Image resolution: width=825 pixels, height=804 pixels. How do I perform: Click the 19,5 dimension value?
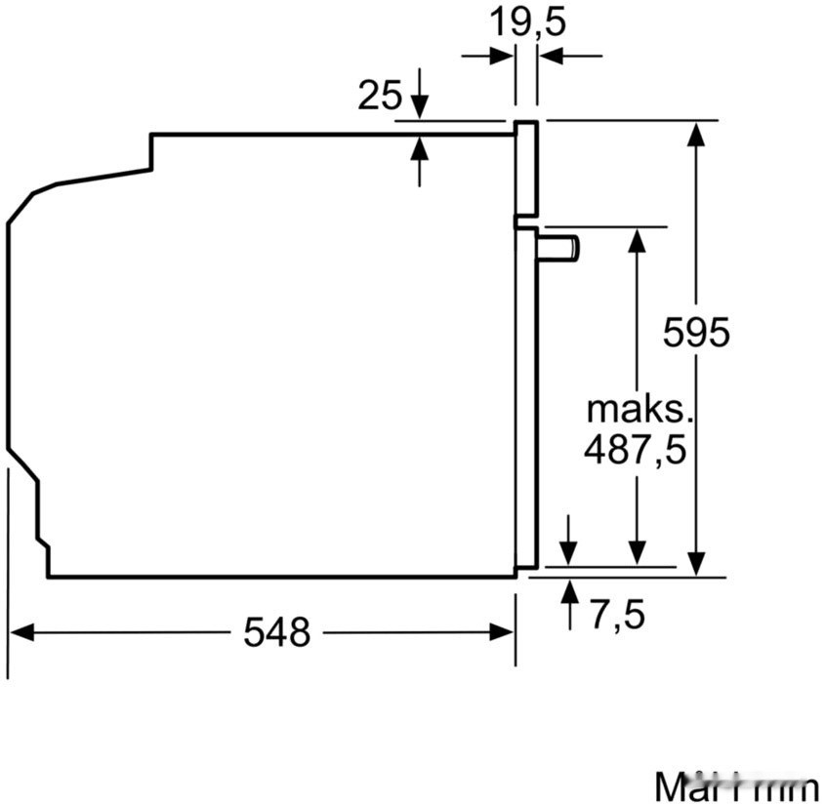527,20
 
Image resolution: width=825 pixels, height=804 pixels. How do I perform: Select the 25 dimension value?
380,95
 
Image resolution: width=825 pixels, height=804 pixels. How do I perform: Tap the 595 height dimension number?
696,333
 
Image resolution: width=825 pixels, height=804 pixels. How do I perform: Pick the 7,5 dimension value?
618,615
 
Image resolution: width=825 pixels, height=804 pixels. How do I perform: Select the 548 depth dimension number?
276,632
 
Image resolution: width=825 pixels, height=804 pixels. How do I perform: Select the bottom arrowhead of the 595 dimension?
696,563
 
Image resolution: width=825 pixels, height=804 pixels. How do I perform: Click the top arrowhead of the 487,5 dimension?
637,239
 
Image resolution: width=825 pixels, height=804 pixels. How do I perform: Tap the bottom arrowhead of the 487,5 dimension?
637,553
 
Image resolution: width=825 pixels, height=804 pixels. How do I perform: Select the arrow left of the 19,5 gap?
502,57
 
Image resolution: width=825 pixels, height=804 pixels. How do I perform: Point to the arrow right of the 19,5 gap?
551,57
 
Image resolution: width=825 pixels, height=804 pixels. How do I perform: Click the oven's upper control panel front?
526,168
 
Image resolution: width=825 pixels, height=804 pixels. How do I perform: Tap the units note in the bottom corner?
737,785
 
